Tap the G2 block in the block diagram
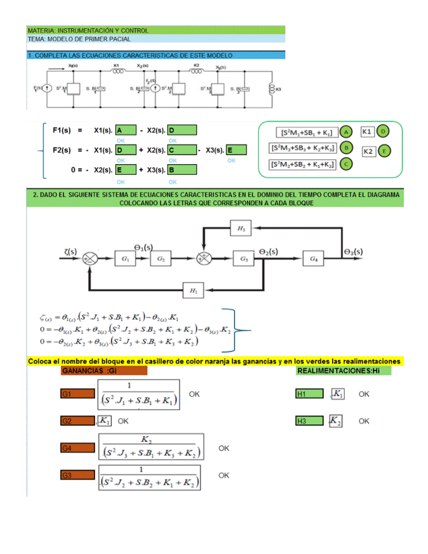[162, 258]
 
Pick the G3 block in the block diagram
[244, 258]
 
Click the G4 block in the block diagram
[314, 258]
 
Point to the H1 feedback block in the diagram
[194, 290]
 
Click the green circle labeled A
[346, 131]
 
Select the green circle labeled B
[346, 148]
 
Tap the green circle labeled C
[346, 164]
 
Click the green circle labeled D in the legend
[383, 131]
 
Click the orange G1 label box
[77, 393]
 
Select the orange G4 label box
[77, 448]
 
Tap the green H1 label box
[309, 393]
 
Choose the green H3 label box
[309, 421]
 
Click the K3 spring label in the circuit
[278, 89]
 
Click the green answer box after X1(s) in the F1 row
[126, 130]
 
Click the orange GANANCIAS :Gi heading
[103, 371]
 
